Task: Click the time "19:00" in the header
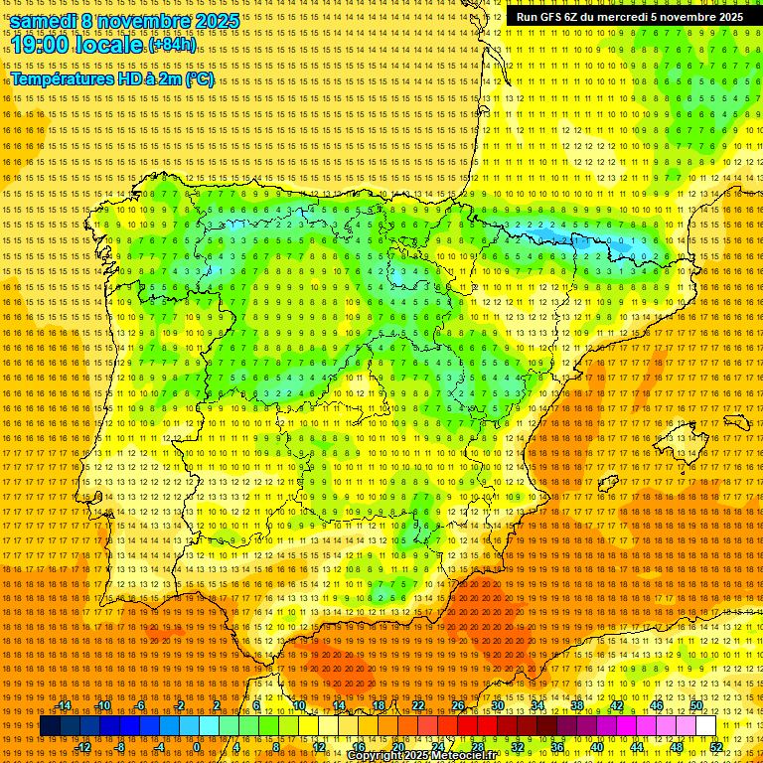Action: [44, 45]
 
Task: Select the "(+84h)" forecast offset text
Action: [172, 45]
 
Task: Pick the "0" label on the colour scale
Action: [196, 747]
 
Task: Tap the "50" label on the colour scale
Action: [696, 705]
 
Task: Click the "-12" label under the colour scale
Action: [83, 747]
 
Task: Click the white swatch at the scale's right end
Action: [705, 726]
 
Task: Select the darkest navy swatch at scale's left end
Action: [50, 726]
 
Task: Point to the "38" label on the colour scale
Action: [576, 705]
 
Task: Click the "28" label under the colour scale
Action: [477, 747]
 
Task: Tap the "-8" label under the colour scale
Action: [121, 747]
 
